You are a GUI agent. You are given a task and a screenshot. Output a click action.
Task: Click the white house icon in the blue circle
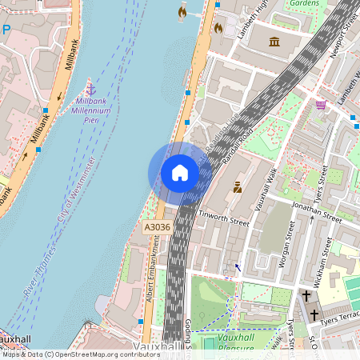click(180, 173)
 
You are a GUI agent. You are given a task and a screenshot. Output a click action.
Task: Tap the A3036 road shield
click(158, 228)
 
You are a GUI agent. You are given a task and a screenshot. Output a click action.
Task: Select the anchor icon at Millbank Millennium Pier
click(90, 88)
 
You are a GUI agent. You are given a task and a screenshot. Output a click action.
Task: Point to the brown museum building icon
click(274, 41)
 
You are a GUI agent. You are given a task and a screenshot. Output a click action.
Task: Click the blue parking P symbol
click(6, 30)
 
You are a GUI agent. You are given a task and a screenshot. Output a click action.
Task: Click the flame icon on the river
click(182, 12)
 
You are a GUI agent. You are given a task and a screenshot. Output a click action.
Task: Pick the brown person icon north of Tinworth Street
click(237, 187)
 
